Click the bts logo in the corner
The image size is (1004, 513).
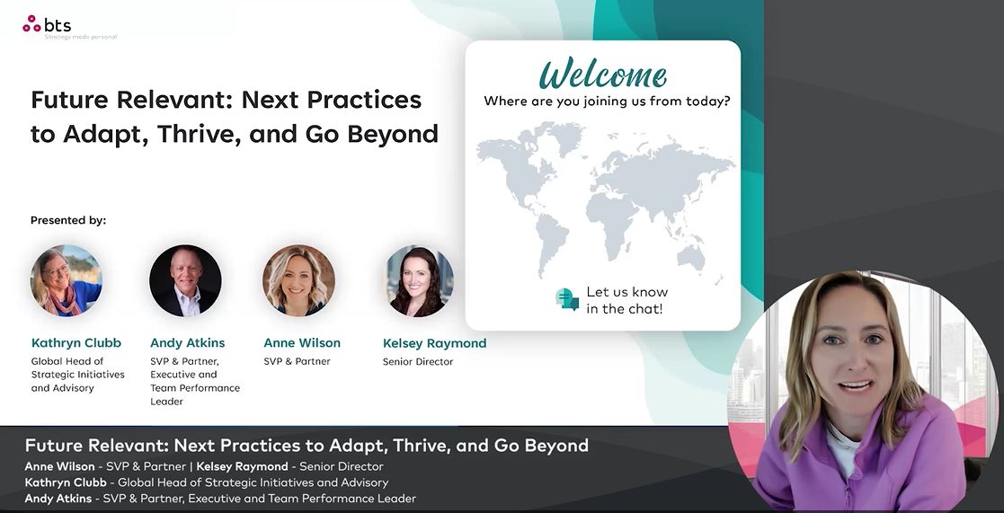coord(47,25)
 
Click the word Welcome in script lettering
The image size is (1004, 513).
coord(603,74)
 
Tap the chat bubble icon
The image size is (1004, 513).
coord(567,299)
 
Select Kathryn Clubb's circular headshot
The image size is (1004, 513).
coord(66,281)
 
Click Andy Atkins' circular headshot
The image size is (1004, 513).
coord(186,281)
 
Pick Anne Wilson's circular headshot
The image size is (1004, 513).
coord(298,281)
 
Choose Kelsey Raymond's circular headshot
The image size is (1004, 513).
coord(419,281)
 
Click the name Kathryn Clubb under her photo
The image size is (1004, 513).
coord(76,343)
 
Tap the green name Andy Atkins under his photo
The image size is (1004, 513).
coord(188,343)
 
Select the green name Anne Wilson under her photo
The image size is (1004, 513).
coord(302,343)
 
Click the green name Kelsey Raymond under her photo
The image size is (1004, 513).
coord(435,343)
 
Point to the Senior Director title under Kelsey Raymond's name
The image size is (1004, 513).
coord(418,361)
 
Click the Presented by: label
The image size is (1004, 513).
coord(68,220)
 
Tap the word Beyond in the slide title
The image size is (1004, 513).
coord(393,135)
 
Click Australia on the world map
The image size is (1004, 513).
coord(691,257)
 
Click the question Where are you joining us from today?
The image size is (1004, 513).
coord(607,101)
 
